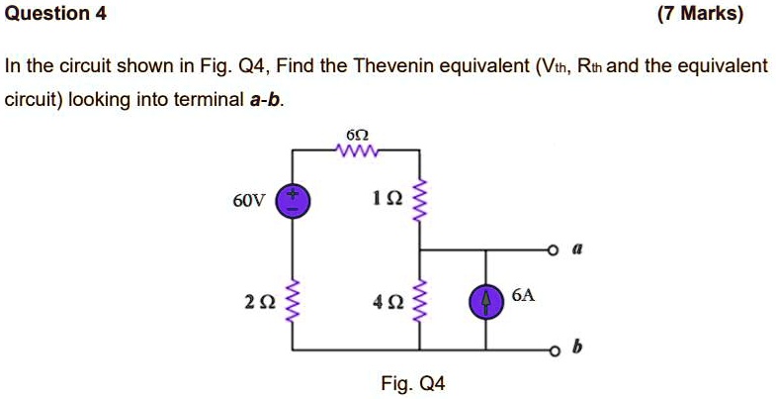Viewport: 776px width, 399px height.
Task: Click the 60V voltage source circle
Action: [292, 202]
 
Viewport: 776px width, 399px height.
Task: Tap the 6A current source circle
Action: [485, 300]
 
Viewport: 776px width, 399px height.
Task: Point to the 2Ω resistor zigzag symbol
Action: [292, 300]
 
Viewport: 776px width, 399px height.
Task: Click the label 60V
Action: [248, 202]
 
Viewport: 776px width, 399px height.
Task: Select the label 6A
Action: [525, 295]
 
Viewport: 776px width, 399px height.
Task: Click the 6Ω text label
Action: [356, 134]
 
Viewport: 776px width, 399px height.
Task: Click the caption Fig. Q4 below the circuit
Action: [413, 383]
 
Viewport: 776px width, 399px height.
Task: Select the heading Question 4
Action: [56, 14]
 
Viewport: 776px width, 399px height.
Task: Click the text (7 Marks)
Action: [700, 14]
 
